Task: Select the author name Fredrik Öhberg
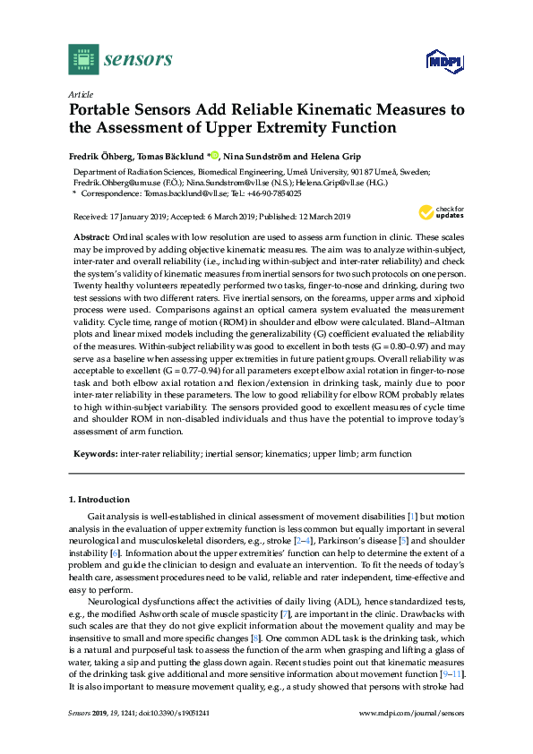pos(100,155)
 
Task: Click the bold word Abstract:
pos(93,235)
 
